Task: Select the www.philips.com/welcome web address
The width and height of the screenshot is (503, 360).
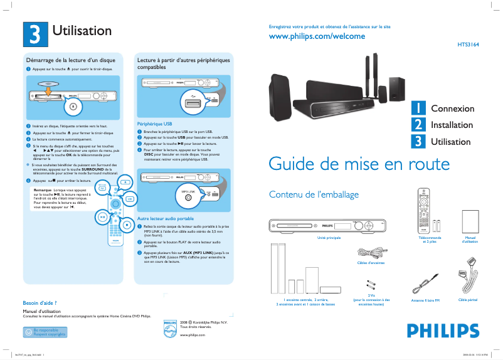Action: point(317,37)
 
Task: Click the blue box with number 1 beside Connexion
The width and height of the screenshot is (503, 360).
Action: point(418,109)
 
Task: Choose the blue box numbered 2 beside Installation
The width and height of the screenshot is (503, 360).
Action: point(418,125)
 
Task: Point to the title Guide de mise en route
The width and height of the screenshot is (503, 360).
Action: point(359,164)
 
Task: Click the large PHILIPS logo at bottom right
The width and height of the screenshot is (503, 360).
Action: point(438,331)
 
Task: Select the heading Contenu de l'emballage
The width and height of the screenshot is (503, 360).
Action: point(314,194)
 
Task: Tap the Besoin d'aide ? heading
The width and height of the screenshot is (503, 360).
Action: point(40,303)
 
